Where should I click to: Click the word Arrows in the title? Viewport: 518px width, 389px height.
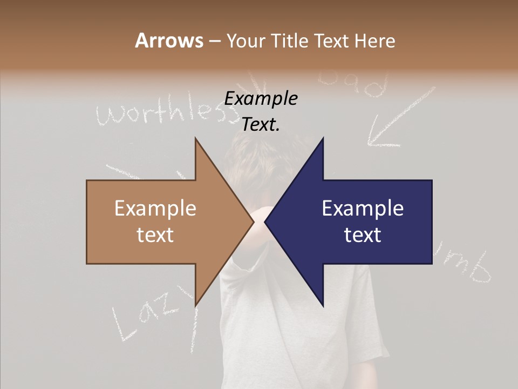point(169,41)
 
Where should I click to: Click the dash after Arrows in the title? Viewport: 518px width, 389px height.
point(214,42)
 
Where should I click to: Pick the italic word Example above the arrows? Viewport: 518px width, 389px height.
point(261,98)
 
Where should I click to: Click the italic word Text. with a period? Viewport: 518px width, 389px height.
point(261,124)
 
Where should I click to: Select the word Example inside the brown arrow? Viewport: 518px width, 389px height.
point(155,209)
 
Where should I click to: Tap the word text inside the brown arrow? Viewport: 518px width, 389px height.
point(155,234)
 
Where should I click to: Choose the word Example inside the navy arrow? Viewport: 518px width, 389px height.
point(363,209)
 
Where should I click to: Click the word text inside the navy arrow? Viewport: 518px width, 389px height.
point(363,234)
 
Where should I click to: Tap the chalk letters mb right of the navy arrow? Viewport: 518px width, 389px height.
point(475,267)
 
